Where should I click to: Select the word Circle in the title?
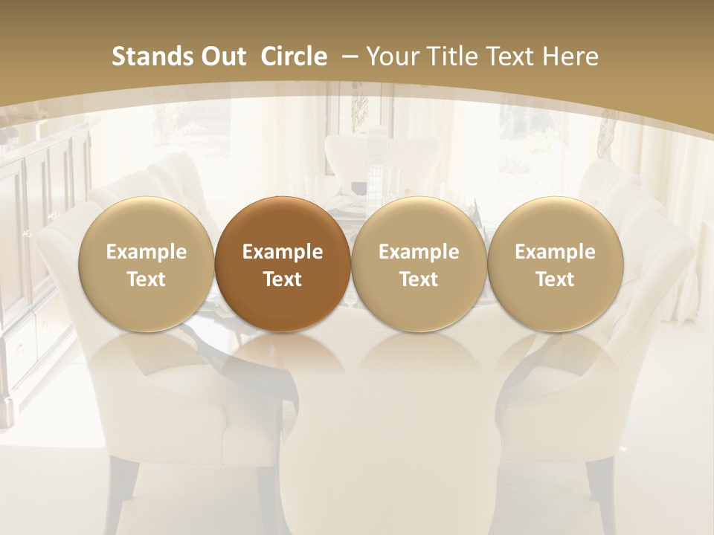click(x=294, y=56)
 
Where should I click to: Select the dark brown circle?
click(x=283, y=264)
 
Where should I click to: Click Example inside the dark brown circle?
click(x=283, y=252)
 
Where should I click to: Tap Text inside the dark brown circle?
click(x=283, y=279)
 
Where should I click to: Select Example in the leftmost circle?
click(x=147, y=252)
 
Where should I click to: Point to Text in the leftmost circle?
click(x=147, y=279)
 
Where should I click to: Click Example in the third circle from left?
click(x=419, y=252)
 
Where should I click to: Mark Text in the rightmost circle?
click(x=556, y=279)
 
